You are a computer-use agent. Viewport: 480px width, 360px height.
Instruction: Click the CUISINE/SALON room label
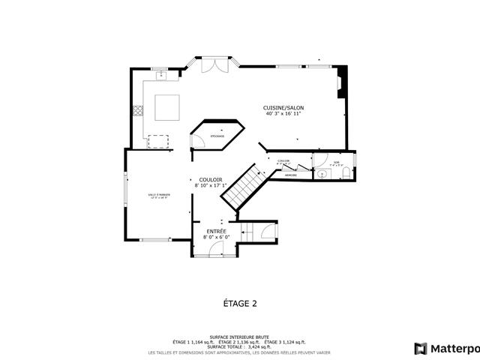coord(283,108)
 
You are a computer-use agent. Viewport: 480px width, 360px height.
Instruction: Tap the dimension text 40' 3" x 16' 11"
coord(283,115)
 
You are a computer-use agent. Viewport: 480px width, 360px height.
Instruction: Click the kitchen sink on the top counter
coord(162,75)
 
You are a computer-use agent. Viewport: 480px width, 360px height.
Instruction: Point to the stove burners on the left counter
coord(138,112)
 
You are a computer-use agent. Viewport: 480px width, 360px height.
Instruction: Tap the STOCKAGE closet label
coord(217,136)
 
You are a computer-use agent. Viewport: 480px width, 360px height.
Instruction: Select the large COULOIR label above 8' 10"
coord(210,179)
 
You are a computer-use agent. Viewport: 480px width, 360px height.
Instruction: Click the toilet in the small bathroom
coord(345,174)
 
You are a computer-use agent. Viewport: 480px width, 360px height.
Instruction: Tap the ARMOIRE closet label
coord(290,175)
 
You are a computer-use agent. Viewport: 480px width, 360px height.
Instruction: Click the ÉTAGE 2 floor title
coord(240,304)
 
